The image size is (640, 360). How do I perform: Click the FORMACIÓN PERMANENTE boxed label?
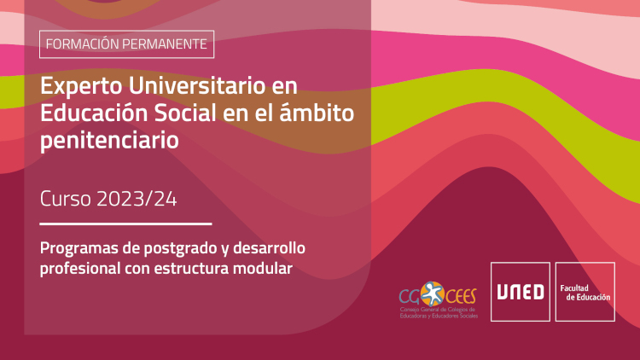[x=126, y=44]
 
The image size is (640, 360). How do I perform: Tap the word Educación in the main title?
[x=94, y=113]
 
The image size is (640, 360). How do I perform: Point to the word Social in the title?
[x=185, y=113]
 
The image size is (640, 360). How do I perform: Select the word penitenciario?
[x=109, y=141]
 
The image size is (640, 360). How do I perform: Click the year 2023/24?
[x=137, y=199]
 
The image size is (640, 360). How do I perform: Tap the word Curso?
[x=66, y=199]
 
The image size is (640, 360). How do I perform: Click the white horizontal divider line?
[x=125, y=224]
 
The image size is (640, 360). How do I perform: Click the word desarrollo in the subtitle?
[x=269, y=247]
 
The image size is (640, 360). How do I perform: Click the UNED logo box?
[x=521, y=292]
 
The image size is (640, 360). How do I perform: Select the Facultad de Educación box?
[x=585, y=292]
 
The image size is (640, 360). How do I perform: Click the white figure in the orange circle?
[x=433, y=293]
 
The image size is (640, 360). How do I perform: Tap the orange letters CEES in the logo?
[x=461, y=296]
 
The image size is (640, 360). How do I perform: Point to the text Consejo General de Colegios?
[x=438, y=310]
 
